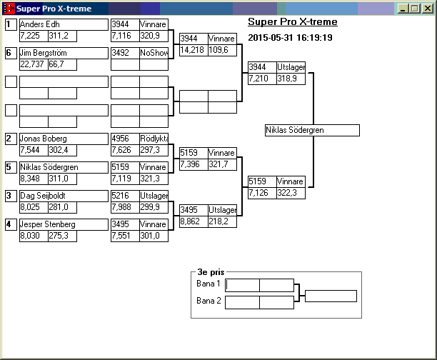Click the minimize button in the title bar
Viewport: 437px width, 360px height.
point(404,9)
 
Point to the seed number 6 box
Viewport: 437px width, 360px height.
point(11,53)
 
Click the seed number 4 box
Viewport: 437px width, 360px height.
point(11,224)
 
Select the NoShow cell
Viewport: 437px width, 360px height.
point(154,53)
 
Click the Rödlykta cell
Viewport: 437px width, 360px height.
point(154,139)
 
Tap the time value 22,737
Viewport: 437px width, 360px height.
point(33,64)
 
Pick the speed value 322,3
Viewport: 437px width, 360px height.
point(291,193)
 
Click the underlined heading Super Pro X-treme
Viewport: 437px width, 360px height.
point(293,22)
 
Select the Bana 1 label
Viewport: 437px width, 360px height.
point(209,284)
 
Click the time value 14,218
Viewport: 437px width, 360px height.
point(193,50)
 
